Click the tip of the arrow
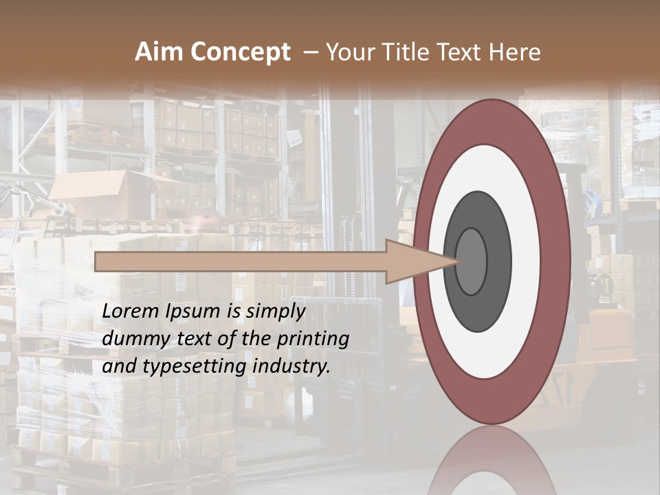(x=456, y=261)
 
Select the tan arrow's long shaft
(x=241, y=262)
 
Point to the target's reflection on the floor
(x=492, y=464)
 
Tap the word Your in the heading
(x=347, y=52)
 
